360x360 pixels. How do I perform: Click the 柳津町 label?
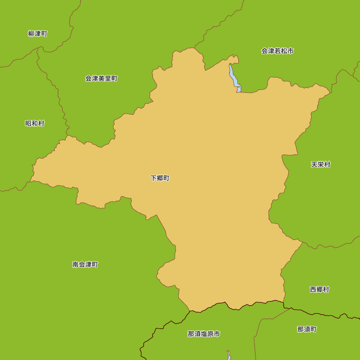point(37,34)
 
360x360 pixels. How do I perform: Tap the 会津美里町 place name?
point(101,78)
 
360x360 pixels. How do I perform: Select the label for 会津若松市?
point(277,51)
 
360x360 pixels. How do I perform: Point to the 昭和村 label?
point(35,123)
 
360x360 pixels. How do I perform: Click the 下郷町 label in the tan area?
point(160,178)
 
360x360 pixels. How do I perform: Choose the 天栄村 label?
point(320,165)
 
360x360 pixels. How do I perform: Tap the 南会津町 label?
point(85,265)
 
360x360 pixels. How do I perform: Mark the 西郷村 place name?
point(319,289)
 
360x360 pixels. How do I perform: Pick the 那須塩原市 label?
point(204,334)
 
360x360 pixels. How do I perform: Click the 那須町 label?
point(307,329)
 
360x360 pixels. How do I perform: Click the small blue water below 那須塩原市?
point(229,355)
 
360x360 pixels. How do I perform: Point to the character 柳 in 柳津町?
point(31,34)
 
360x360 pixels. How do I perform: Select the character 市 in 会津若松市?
point(290,51)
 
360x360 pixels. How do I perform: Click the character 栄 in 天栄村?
point(320,165)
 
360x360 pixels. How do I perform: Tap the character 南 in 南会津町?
point(76,265)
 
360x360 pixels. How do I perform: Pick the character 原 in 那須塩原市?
point(210,334)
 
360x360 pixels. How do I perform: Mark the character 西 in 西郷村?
point(313,289)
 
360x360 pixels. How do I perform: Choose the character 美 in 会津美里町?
point(101,78)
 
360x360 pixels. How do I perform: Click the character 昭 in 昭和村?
point(28,123)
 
